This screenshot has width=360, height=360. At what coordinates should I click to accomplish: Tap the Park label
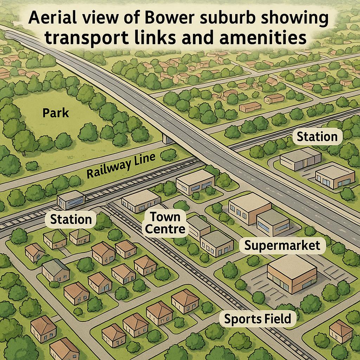[x=56, y=113]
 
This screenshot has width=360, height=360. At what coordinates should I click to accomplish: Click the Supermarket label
[x=282, y=245]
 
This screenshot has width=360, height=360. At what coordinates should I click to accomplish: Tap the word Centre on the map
[x=165, y=229]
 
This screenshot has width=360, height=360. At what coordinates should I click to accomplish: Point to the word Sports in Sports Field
[x=243, y=319]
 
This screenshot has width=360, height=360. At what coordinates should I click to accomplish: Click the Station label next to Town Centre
[x=71, y=219]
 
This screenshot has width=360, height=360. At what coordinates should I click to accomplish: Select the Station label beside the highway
[x=317, y=137]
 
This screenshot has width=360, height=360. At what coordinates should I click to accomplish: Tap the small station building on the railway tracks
[x=71, y=200]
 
